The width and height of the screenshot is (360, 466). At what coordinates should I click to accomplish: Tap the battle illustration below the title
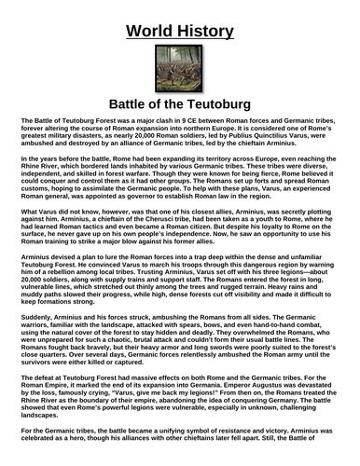click(179, 66)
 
